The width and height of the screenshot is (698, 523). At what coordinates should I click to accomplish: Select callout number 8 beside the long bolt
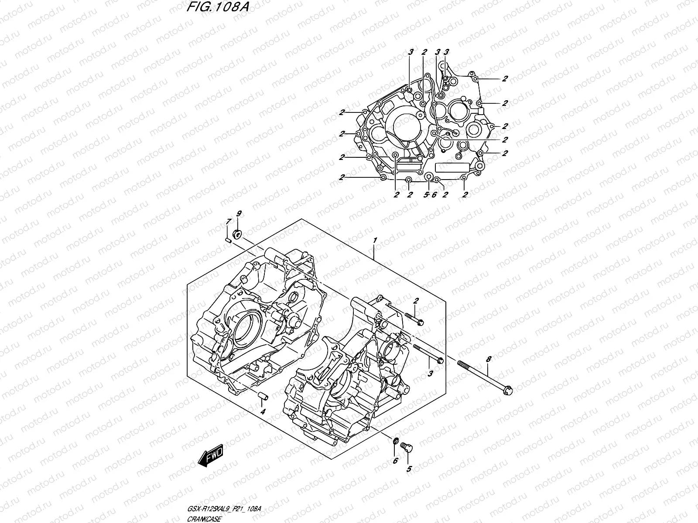pyautogui.click(x=489, y=359)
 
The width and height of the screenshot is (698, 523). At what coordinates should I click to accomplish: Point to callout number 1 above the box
pyautogui.click(x=374, y=241)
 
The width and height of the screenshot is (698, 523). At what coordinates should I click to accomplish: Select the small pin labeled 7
pyautogui.click(x=228, y=238)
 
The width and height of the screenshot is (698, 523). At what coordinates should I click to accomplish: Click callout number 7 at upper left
pyautogui.click(x=227, y=223)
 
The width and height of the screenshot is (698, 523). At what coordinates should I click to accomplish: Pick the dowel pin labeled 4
pyautogui.click(x=263, y=396)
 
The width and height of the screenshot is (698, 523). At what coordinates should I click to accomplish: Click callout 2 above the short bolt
pyautogui.click(x=416, y=301)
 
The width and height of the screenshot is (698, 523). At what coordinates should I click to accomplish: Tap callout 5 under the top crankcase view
pyautogui.click(x=426, y=195)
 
